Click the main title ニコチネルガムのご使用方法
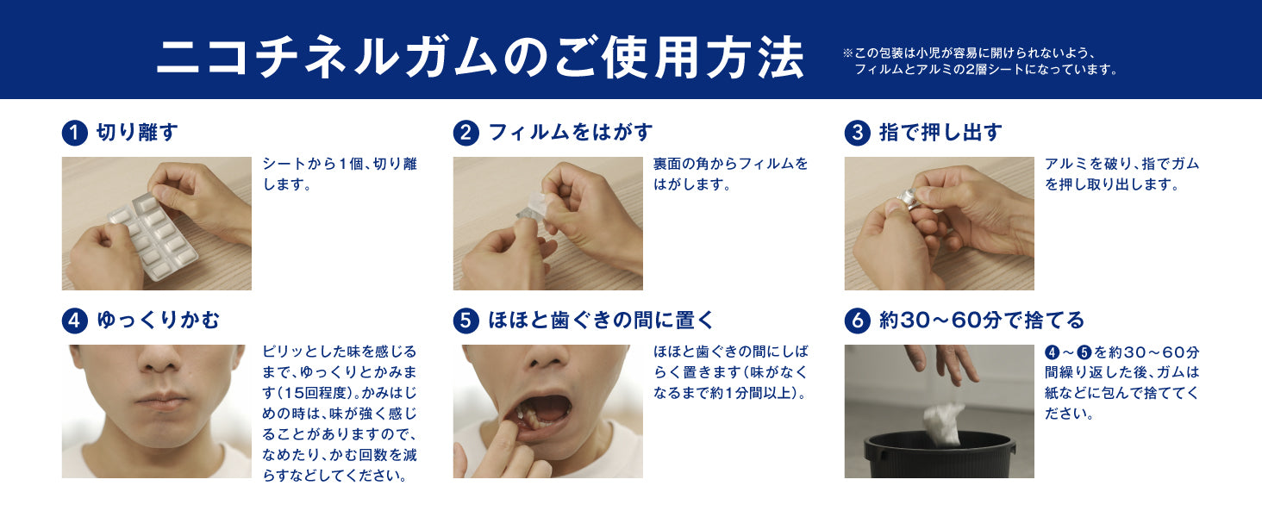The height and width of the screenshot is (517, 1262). (480, 57)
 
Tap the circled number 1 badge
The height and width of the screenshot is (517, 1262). (75, 134)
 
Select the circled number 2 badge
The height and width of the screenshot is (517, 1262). (466, 134)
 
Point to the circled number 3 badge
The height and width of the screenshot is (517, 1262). (858, 134)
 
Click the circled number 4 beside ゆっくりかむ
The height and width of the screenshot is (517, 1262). (75, 321)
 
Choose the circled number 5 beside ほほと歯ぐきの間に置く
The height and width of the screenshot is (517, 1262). (466, 321)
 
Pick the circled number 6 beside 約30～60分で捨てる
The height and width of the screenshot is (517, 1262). (858, 321)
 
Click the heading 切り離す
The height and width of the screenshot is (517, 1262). (137, 133)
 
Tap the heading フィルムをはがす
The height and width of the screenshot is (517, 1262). (571, 133)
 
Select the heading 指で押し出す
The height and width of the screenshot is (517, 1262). (940, 133)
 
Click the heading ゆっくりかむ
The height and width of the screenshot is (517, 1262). (159, 321)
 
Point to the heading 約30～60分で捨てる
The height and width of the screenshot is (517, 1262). (982, 321)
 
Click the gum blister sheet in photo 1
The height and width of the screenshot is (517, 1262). (153, 237)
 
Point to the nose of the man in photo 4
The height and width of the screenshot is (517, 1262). (159, 360)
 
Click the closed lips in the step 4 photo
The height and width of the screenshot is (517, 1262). (160, 401)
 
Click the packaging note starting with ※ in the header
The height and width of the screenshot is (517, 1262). (980, 61)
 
